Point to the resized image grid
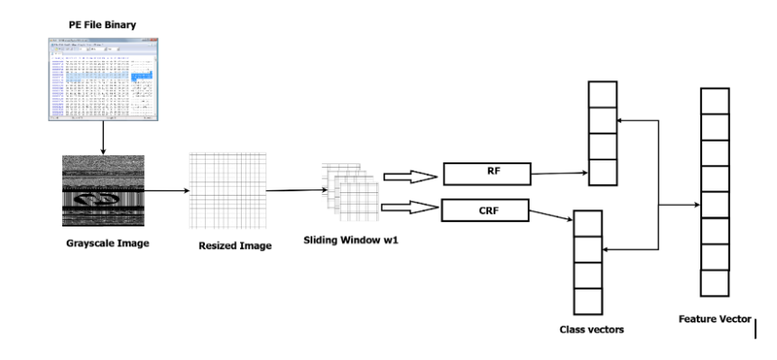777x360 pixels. pos(227,191)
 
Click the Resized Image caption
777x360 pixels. pos(235,246)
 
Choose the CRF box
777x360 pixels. pos(485,212)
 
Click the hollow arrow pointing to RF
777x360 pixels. pos(407,177)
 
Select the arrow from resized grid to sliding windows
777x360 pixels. pos(294,190)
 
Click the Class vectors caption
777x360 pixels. pos(592,329)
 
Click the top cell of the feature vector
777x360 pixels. pos(715,101)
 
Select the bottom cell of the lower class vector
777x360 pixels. pos(587,300)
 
